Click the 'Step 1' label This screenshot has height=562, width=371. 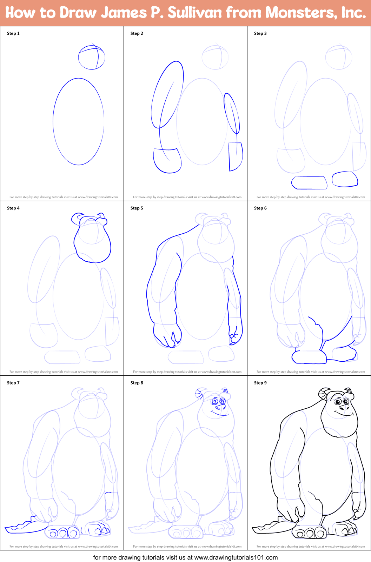click(13, 33)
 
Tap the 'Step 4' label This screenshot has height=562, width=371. click(13, 208)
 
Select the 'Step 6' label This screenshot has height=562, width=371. click(260, 208)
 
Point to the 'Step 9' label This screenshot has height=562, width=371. click(260, 383)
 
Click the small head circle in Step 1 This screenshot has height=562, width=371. click(92, 57)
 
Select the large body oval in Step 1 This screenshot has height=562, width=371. click(79, 121)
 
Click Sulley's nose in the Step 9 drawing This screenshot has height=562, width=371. click(344, 407)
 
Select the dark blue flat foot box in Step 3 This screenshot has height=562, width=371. click(309, 182)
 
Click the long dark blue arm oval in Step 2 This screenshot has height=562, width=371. click(167, 95)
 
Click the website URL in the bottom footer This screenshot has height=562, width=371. click(236, 557)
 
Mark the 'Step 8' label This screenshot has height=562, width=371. click(137, 383)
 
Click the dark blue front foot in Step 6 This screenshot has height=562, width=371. click(309, 357)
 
